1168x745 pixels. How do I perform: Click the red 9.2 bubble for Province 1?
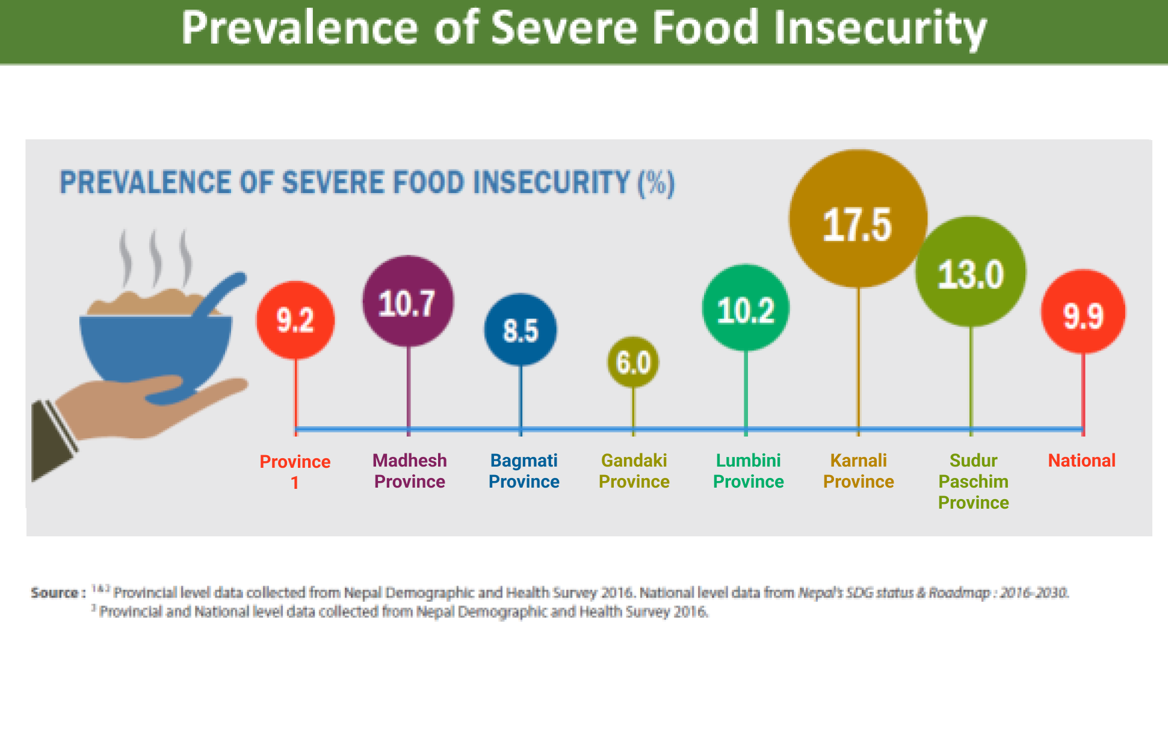pos(295,320)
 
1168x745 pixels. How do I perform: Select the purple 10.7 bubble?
pos(408,302)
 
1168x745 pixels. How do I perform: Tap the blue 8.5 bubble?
pos(521,330)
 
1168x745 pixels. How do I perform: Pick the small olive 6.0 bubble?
pos(633,362)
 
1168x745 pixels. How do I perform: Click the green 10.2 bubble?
pos(746,308)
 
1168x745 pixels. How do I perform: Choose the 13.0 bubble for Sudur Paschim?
pos(971,272)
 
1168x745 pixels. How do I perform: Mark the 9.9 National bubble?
pos(1083,312)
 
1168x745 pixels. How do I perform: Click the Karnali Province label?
pos(859,471)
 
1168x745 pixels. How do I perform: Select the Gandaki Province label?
pos(634,471)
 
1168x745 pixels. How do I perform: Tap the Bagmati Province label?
pos(524,471)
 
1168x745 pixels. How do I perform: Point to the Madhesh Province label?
pos(410,471)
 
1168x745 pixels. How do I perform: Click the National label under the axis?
pos(1082,461)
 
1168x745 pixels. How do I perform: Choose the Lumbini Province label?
pos(749,471)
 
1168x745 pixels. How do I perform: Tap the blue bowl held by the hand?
pos(155,349)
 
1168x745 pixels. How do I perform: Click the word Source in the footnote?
pos(55,593)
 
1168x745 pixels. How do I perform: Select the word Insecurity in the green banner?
pos(880,28)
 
